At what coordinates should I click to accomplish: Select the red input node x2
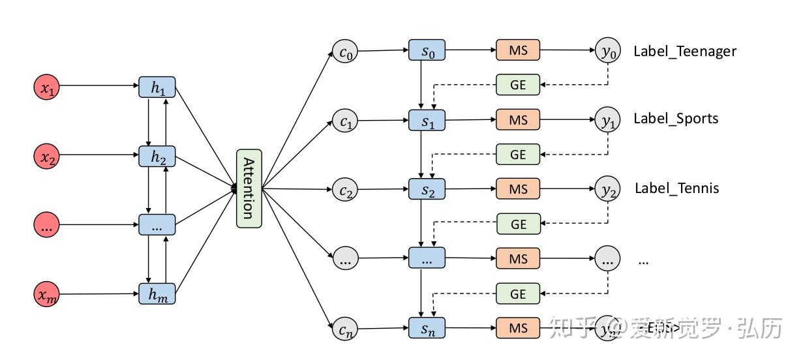(x=47, y=156)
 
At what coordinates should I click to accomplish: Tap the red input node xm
(x=47, y=295)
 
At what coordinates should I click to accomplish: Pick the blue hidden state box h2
(x=157, y=156)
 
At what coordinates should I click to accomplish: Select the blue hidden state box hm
(x=157, y=294)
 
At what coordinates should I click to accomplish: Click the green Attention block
(x=249, y=188)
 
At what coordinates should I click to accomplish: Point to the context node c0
(x=345, y=52)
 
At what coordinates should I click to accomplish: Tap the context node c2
(x=345, y=190)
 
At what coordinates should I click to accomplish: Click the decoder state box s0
(x=427, y=51)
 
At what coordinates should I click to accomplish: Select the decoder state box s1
(x=427, y=120)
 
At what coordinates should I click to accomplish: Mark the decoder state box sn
(x=427, y=328)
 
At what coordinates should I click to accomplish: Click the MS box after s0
(x=518, y=50)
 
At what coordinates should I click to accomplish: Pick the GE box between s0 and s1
(x=518, y=85)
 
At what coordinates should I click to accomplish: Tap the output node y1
(x=607, y=120)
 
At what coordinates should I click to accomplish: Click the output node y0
(x=607, y=51)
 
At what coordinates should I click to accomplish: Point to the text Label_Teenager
(x=684, y=52)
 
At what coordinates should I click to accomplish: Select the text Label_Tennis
(x=676, y=188)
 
